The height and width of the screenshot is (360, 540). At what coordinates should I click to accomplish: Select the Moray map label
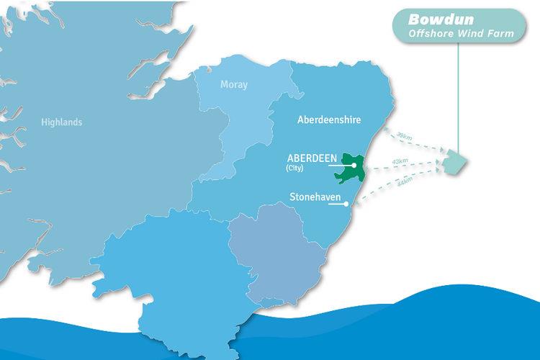233,84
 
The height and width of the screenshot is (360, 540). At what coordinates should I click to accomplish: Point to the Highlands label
61,122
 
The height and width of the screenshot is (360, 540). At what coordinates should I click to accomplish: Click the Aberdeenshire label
329,120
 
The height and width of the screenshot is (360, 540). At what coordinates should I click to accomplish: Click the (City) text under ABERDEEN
296,169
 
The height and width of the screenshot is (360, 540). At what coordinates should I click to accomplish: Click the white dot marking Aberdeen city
355,166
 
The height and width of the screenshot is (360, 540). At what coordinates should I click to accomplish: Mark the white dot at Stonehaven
347,204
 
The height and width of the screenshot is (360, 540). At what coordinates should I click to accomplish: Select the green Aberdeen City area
350,173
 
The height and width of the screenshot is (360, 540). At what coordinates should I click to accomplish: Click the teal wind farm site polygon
454,163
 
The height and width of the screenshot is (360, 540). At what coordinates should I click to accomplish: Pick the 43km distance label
400,162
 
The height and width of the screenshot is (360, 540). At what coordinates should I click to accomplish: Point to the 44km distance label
404,183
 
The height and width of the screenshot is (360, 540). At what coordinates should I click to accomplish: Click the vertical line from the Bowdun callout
459,101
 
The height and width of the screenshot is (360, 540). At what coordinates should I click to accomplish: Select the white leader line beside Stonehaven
337,204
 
